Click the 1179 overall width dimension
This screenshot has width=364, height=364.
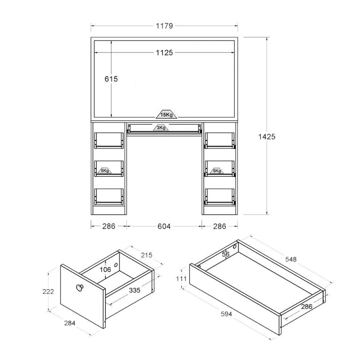[x=164, y=26]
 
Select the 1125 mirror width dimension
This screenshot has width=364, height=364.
[x=164, y=53]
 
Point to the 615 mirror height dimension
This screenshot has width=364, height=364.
[x=111, y=79]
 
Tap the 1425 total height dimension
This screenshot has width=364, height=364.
[x=267, y=136]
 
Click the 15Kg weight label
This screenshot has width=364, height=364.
[x=166, y=114]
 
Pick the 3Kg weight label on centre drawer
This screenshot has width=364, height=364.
[x=161, y=127]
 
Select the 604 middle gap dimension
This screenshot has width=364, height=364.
[x=164, y=226]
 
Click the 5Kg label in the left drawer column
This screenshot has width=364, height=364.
[x=105, y=171]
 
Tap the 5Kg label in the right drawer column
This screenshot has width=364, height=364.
[x=217, y=171]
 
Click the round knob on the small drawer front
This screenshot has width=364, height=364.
[x=79, y=288]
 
